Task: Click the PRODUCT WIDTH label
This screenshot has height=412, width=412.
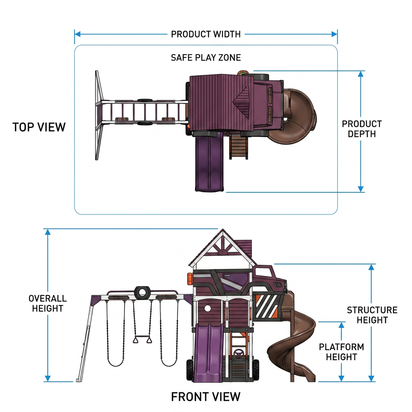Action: point(206,34)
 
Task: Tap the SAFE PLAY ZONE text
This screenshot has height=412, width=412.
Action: point(206,58)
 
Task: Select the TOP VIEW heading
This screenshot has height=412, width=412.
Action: point(39,127)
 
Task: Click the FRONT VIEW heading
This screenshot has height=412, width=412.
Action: point(206,397)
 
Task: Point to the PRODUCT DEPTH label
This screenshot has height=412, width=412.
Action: point(362,129)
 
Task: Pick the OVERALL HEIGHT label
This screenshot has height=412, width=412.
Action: point(47,303)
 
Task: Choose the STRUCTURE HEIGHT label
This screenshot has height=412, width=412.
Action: point(372,315)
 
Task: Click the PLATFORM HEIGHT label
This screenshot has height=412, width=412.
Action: point(341,352)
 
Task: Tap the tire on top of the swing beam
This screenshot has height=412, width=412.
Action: point(142,293)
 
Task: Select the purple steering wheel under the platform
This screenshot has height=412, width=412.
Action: point(239,353)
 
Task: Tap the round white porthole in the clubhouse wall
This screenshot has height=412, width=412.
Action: point(208,308)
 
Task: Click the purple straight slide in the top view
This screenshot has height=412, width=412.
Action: point(209,161)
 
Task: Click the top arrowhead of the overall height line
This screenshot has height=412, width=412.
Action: point(47,232)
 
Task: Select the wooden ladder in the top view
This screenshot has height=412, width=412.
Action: point(239,146)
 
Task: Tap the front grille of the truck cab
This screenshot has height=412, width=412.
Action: point(278,285)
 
